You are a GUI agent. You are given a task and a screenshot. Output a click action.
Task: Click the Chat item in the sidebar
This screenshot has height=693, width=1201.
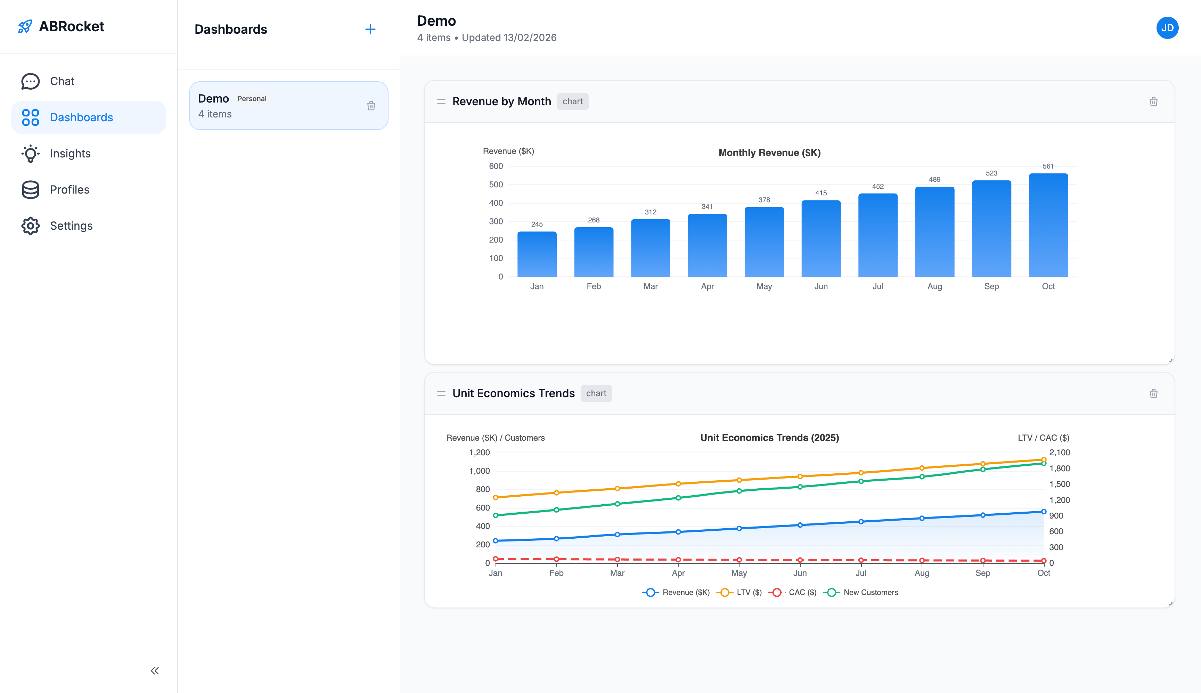coord(62,81)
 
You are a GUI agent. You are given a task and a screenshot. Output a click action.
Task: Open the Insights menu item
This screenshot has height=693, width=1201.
coord(70,153)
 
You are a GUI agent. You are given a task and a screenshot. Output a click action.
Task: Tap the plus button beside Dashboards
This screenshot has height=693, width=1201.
coord(370,30)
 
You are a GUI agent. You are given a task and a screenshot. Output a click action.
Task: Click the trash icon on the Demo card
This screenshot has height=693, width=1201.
coord(371,106)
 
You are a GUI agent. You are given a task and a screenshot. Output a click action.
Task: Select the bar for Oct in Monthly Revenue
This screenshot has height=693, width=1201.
coord(1048,225)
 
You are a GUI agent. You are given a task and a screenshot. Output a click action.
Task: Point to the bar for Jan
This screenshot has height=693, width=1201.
coord(537,254)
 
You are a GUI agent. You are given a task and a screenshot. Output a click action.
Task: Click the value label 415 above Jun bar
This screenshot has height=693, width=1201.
coord(821,193)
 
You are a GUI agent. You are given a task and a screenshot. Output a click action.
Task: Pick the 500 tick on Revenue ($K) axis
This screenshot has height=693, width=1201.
coord(496,185)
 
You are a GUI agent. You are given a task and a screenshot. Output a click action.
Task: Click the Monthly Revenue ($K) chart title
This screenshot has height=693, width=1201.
coord(769,153)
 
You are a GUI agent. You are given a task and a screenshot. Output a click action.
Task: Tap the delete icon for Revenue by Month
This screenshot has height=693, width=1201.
coord(1153,101)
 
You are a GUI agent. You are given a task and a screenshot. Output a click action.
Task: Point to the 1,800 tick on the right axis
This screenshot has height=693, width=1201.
coord(1059,468)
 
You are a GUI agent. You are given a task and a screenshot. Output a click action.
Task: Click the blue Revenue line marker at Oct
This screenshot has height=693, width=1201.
coord(1044,512)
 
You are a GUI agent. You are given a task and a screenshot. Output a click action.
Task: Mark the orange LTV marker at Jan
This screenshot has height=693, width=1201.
coord(495,497)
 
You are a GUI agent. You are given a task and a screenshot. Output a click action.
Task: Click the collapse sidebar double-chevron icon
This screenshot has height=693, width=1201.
coord(155,671)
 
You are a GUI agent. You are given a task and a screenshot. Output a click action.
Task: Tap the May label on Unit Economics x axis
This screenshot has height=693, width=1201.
coord(738,573)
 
